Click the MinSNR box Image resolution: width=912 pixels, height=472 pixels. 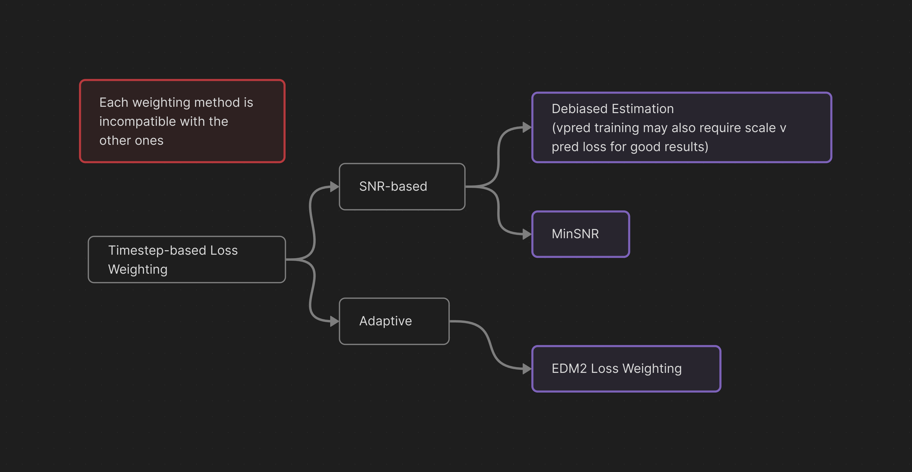point(581,234)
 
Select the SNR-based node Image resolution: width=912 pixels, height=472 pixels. point(402,187)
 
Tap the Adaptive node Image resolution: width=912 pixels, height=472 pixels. point(394,321)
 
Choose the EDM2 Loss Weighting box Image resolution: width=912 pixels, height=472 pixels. point(626,368)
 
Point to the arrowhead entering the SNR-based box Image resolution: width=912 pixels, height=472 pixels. point(335,187)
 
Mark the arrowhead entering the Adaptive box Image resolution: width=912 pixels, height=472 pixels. point(335,321)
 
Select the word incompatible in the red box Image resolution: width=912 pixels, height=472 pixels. point(137,121)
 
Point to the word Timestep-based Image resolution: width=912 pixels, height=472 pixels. point(157,250)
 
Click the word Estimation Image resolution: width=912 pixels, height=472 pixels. point(643,109)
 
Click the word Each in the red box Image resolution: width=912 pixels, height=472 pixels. point(114,102)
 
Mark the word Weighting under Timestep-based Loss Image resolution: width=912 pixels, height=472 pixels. point(138,270)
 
